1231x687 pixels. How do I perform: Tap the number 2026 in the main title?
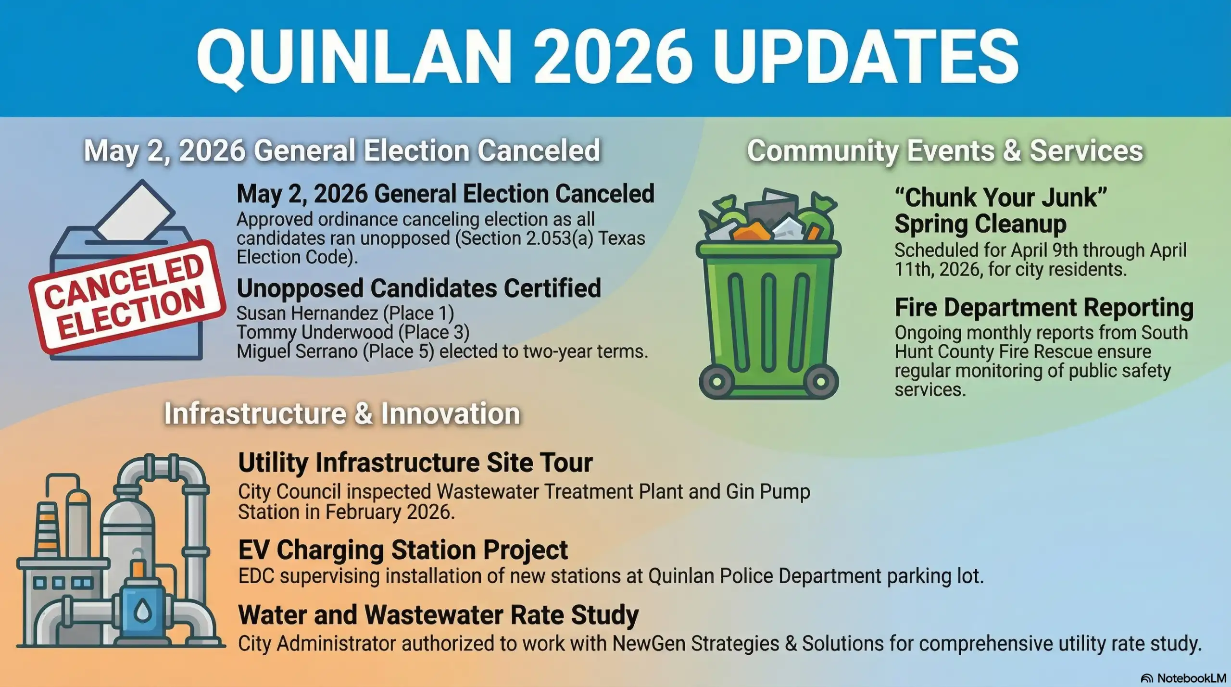pyautogui.click(x=613, y=57)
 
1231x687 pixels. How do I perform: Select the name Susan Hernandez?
pyautogui.click(x=307, y=313)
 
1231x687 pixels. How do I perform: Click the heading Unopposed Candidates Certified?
pyautogui.click(x=419, y=288)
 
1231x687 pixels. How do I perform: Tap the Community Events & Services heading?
pyautogui.click(x=945, y=151)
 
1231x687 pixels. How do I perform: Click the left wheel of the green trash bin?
pyautogui.click(x=716, y=382)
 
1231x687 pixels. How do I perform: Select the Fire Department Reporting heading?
pyautogui.click(x=1044, y=308)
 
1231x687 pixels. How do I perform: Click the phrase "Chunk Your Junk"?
pyautogui.click(x=1001, y=197)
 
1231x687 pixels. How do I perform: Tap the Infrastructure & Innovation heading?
pyautogui.click(x=342, y=413)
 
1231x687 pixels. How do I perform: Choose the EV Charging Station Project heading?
pyautogui.click(x=403, y=550)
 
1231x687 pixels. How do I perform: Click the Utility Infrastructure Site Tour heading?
pyautogui.click(x=415, y=462)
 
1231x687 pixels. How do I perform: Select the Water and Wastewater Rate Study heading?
pyautogui.click(x=439, y=615)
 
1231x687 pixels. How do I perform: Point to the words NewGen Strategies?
pyautogui.click(x=696, y=643)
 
